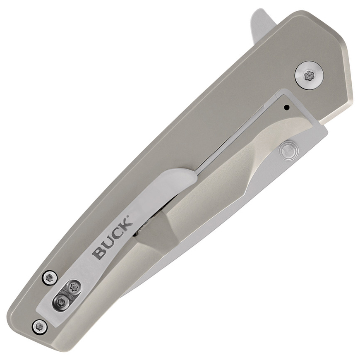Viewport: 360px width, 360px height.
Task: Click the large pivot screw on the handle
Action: point(309,75)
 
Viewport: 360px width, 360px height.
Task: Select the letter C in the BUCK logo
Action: point(117,234)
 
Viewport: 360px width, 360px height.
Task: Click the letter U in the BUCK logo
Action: point(107,243)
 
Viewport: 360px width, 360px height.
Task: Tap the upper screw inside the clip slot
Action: point(74,286)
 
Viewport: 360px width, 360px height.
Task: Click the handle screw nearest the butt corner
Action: point(40,326)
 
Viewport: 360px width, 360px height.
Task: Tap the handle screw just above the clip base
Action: point(50,277)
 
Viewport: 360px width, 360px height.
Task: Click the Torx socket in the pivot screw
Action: point(309,75)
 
